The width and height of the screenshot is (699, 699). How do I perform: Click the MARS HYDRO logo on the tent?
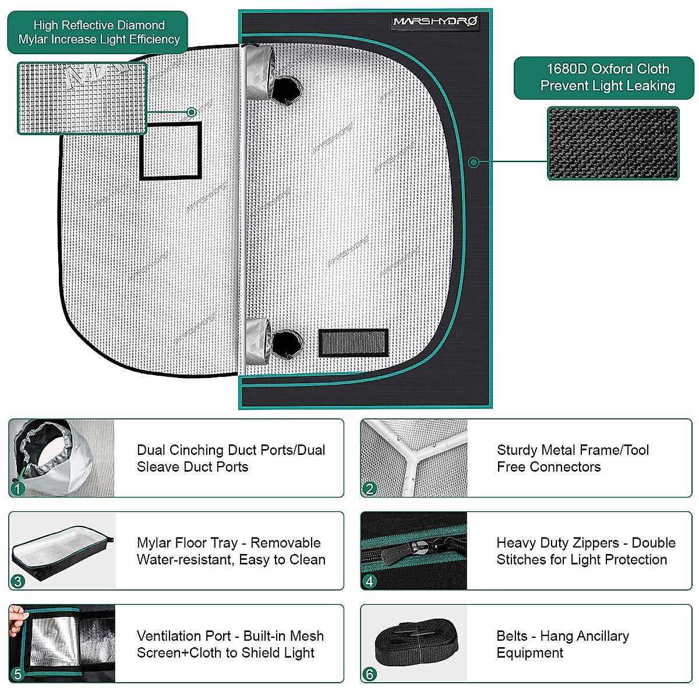pos(436,22)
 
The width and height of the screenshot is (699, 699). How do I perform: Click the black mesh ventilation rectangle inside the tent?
pos(353,343)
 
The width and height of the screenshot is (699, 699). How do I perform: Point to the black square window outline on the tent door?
pos(171,151)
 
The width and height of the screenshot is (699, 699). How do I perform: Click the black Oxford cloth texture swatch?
pos(613,143)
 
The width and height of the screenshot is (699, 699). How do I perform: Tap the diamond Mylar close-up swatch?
pos(82,98)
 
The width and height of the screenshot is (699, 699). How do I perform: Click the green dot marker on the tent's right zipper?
pos(474,162)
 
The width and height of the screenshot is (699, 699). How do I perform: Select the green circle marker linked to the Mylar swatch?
pos(192,112)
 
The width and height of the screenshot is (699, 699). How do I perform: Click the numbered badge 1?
pos(18,488)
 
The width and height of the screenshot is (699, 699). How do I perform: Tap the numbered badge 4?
pos(369,581)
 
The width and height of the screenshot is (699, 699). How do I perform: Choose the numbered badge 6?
pos(369,674)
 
